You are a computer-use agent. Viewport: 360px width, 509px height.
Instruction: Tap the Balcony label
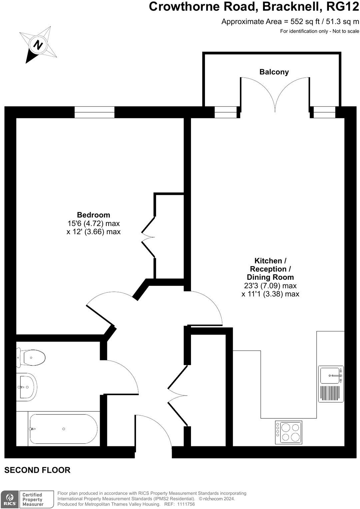pyautogui.click(x=274, y=72)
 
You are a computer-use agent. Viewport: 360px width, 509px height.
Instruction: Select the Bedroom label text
pyautogui.click(x=93, y=215)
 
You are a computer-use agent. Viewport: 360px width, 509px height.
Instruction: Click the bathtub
pyautogui.click(x=63, y=429)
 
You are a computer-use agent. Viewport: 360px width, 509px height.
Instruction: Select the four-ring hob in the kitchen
pyautogui.click(x=289, y=432)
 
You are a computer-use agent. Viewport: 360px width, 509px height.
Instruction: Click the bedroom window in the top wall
pyautogui.click(x=94, y=112)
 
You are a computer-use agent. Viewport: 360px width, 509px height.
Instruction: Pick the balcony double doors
pyautogui.click(x=275, y=95)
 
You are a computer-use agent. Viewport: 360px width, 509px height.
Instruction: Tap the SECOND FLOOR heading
pyautogui.click(x=37, y=470)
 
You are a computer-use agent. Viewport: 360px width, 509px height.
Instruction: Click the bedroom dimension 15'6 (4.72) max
pyautogui.click(x=93, y=223)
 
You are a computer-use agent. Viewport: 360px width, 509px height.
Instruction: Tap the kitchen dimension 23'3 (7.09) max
pyautogui.click(x=270, y=286)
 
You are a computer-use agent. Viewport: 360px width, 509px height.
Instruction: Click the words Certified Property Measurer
pyautogui.click(x=33, y=499)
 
